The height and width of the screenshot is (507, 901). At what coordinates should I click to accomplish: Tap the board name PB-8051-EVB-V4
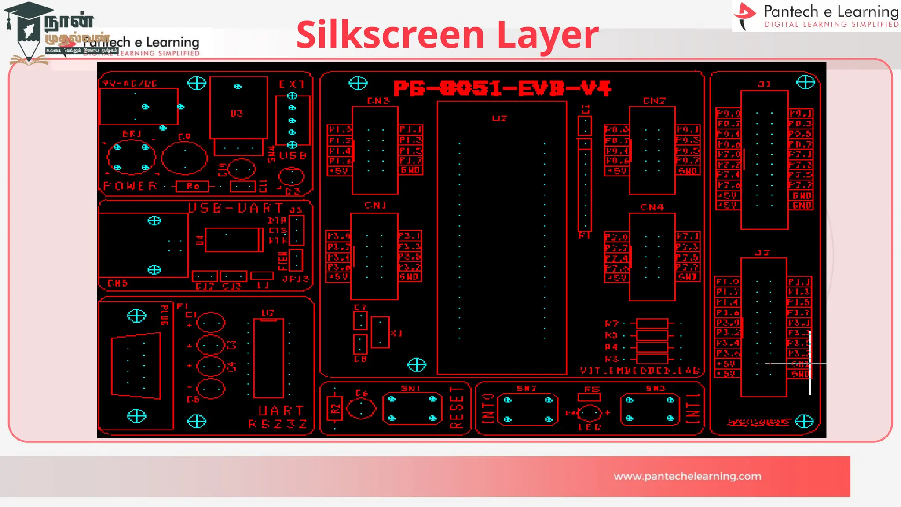tap(502, 88)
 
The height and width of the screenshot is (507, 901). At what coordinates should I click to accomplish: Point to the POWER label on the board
tap(130, 186)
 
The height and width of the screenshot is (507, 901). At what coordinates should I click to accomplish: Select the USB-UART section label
tap(236, 208)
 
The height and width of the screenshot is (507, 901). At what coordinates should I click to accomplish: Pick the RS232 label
tap(278, 424)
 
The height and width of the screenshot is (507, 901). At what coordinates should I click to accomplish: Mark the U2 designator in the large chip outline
tap(499, 118)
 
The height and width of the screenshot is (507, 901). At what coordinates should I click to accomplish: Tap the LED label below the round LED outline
tap(589, 427)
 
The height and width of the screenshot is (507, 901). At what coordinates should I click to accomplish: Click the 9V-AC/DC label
tap(130, 83)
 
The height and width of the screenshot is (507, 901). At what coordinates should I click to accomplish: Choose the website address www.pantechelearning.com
tap(687, 476)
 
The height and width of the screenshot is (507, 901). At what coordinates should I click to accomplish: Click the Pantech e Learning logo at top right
tap(817, 16)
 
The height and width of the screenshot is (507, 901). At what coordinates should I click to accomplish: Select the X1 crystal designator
tap(396, 333)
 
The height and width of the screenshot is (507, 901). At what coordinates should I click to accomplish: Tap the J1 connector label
tap(764, 84)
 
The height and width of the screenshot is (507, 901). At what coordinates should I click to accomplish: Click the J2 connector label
tap(762, 253)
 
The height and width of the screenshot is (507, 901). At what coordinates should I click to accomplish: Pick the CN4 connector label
tap(652, 207)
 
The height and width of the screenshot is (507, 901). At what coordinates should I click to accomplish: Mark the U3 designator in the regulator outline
tap(237, 114)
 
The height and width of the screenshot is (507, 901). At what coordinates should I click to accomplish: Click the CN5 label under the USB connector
tap(117, 283)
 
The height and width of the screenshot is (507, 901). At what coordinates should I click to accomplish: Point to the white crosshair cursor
tap(810, 364)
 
